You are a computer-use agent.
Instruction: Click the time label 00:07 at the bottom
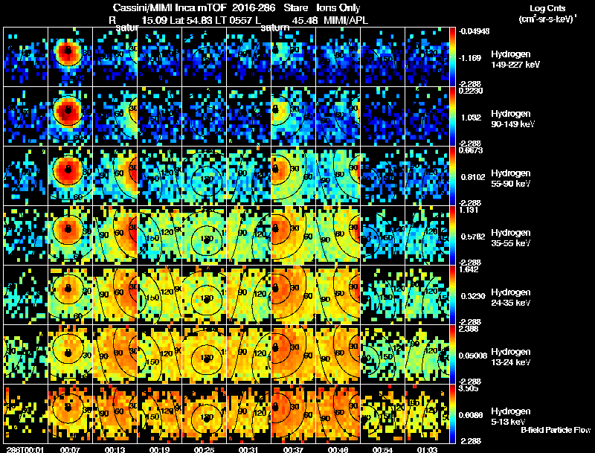[x=70, y=449]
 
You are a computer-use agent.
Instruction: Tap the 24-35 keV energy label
[x=511, y=303]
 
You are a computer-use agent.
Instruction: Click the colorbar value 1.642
[x=471, y=269]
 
